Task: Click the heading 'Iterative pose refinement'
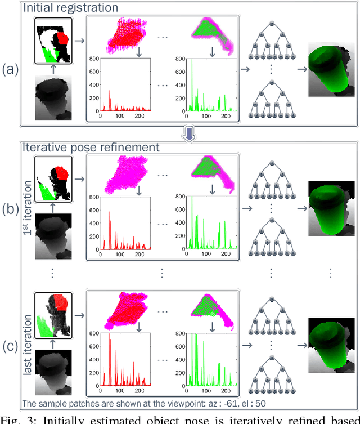(x=91, y=147)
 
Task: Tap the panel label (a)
(x=11, y=69)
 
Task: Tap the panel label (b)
(x=11, y=209)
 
